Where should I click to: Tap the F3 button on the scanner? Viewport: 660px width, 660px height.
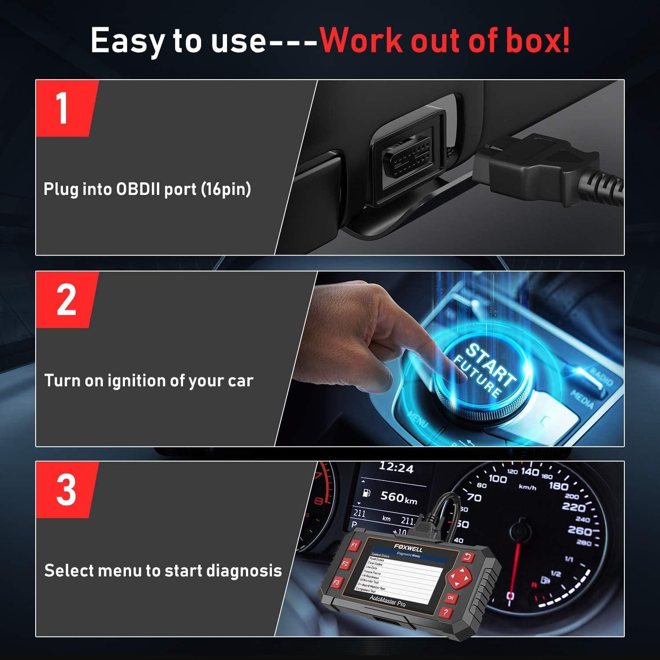337,582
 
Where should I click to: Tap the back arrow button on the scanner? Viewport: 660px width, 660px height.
467,557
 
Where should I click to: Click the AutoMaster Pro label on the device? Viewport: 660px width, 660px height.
388,601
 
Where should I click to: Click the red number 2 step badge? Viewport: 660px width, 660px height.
66,300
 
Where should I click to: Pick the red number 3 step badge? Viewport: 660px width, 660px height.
66,490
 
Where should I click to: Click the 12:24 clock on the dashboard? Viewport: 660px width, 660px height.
396,467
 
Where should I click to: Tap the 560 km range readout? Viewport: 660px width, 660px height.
398,497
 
